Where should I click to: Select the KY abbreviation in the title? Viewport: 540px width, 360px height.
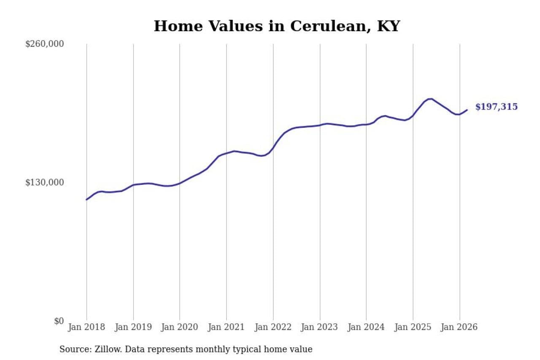point(388,26)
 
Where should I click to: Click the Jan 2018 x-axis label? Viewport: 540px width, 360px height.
point(86,328)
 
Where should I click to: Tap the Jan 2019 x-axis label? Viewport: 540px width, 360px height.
point(133,328)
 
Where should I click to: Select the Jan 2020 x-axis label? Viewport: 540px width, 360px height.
point(180,328)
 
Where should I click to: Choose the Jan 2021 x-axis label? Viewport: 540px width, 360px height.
point(227,328)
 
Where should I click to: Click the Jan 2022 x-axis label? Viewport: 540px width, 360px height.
point(273,328)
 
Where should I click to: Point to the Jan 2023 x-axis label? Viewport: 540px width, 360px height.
point(320,328)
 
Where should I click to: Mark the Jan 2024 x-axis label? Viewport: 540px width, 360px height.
point(366,328)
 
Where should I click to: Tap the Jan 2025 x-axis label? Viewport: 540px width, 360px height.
point(413,328)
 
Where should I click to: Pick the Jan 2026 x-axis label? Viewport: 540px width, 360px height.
point(459,328)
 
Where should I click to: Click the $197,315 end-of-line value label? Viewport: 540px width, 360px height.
point(496,107)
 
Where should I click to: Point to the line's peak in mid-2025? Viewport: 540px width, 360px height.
point(430,99)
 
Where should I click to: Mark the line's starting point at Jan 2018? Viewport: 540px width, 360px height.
point(86,200)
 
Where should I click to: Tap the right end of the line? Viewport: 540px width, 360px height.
point(467,110)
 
